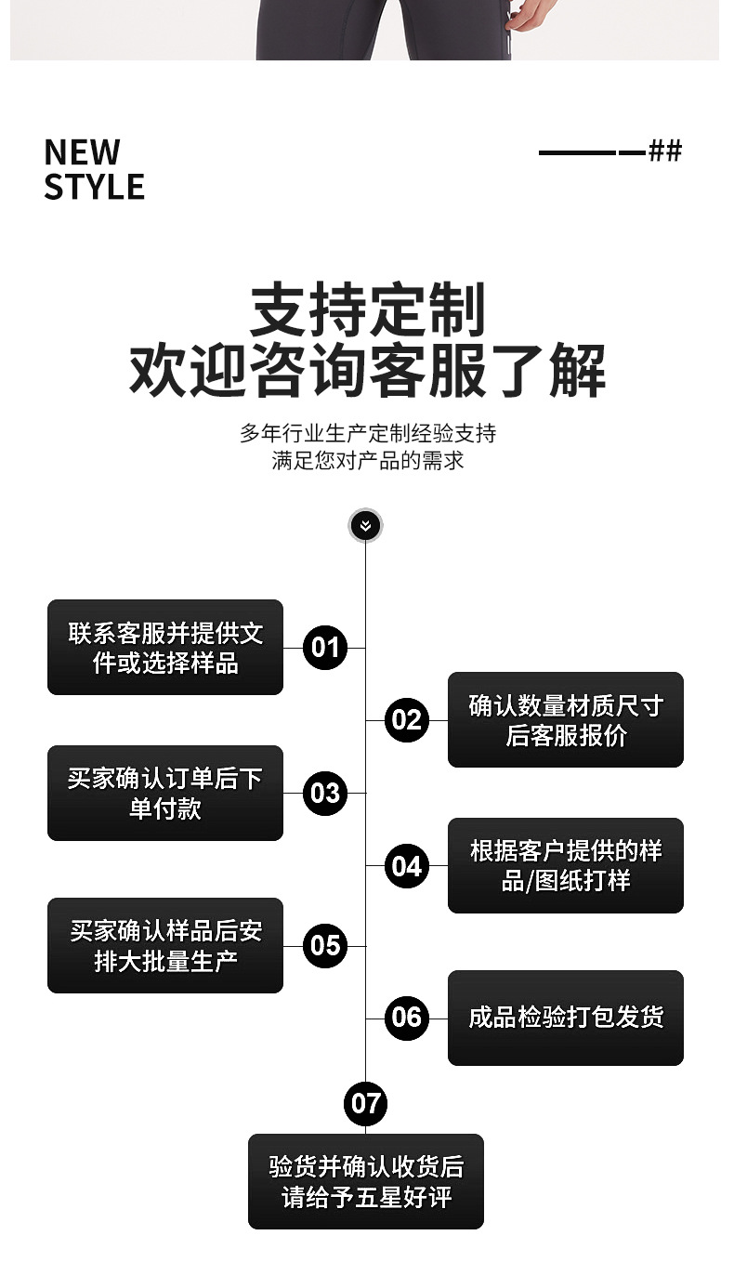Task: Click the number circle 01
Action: [325, 647]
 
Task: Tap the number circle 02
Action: [406, 719]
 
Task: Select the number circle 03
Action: [325, 793]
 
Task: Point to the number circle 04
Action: [406, 866]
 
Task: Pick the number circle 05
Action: [325, 945]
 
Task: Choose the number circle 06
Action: [406, 1018]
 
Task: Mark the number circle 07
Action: [365, 1103]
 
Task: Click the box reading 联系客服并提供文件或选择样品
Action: [165, 648]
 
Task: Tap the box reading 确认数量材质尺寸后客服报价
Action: [565, 720]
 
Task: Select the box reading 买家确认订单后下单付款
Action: [165, 793]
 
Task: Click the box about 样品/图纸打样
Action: [565, 865]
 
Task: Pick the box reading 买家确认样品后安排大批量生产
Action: [165, 945]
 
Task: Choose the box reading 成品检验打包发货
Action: [565, 1018]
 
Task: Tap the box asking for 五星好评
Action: [365, 1181]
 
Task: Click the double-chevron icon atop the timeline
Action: [365, 526]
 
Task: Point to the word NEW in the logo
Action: [82, 151]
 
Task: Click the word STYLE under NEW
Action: [94, 187]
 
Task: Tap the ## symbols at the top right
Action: [665, 151]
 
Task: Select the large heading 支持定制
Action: [367, 310]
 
